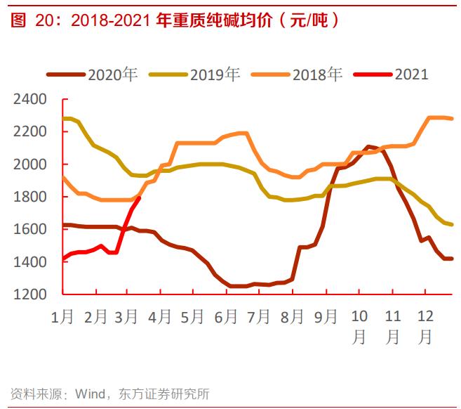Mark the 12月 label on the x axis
point(425,326)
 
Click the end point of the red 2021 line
point(140,198)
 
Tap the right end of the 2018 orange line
point(452,119)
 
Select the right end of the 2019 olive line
point(452,224)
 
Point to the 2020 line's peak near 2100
point(369,147)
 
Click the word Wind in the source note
point(91,394)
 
